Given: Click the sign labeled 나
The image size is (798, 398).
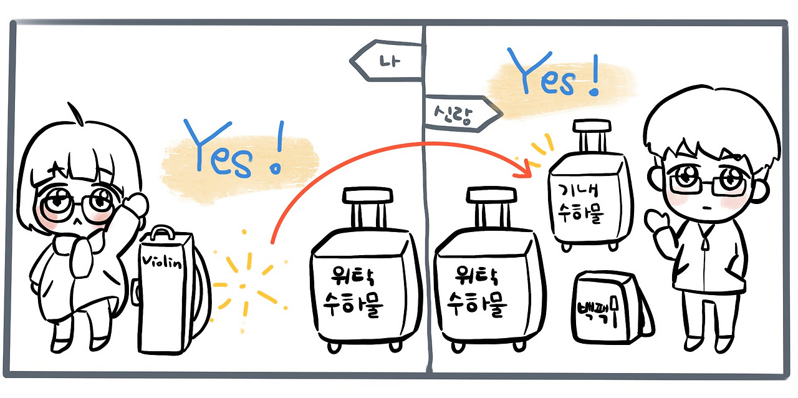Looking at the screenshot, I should pos(387,61).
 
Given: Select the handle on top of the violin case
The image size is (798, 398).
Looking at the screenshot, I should pos(161,233).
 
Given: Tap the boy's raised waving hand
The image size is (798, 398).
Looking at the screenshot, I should pos(656,224).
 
